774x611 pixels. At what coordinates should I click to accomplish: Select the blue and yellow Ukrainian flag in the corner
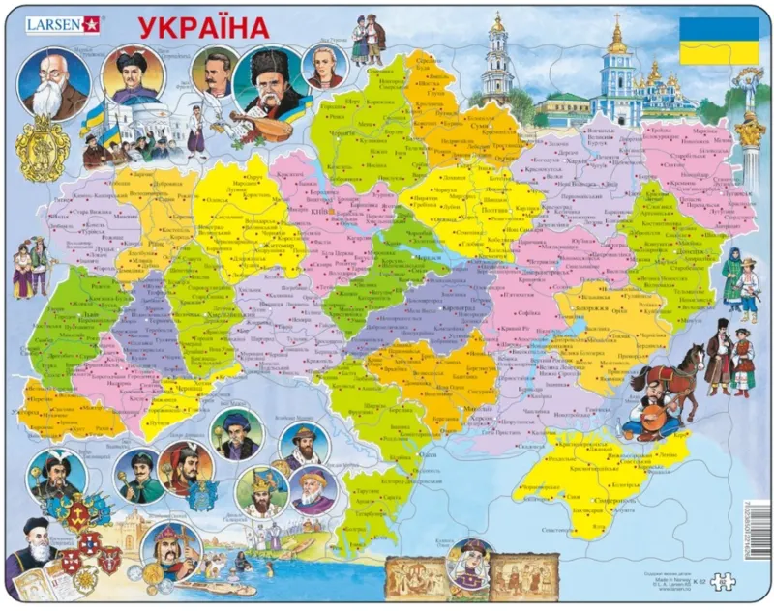click(x=718, y=40)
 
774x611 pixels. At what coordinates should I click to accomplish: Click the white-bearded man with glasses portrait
click(x=52, y=83)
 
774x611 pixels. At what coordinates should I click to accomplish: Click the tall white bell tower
click(x=497, y=59)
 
